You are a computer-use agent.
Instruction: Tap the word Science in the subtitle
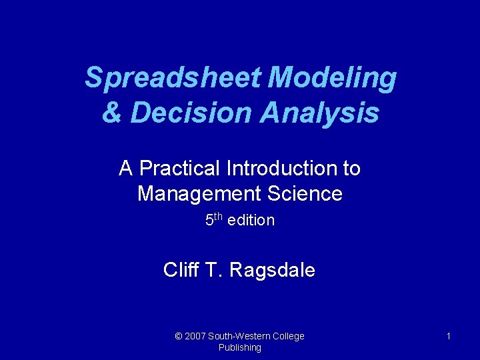pos(309,194)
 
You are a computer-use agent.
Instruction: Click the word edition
pos(251,220)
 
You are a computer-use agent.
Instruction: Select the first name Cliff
pos(179,270)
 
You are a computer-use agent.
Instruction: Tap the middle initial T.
pos(213,270)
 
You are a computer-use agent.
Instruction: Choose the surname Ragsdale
pos(271,270)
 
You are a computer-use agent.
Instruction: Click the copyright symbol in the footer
pos(178,336)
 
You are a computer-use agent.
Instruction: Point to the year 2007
pos(196,336)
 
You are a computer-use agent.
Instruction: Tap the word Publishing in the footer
pos(239,347)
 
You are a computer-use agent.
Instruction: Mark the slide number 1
pos(448,336)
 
